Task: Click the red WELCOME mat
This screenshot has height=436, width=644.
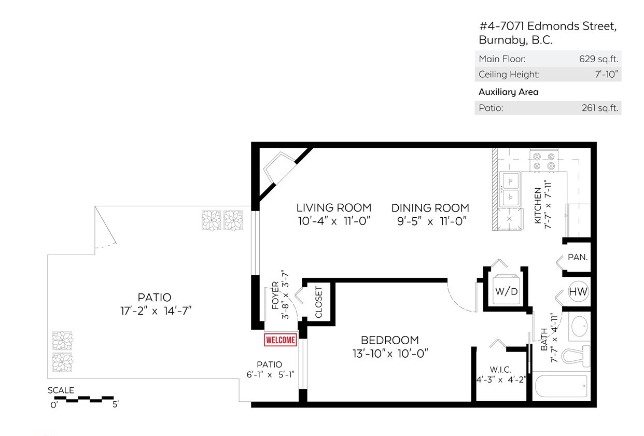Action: pyautogui.click(x=281, y=340)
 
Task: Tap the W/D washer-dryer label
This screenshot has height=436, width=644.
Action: pyautogui.click(x=506, y=291)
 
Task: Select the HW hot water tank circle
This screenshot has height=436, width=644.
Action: pyautogui.click(x=578, y=291)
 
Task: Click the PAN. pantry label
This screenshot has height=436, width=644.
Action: pyautogui.click(x=578, y=257)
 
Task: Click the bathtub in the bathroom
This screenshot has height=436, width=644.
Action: pyautogui.click(x=561, y=386)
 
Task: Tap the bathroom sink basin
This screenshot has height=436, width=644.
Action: pyautogui.click(x=579, y=327)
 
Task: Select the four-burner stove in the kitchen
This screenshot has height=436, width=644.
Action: pyautogui.click(x=544, y=161)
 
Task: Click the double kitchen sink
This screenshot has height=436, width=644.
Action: pyautogui.click(x=510, y=189)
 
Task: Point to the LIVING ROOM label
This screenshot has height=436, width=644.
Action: pyautogui.click(x=334, y=207)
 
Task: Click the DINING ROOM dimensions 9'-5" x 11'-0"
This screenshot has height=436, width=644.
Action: pyautogui.click(x=431, y=221)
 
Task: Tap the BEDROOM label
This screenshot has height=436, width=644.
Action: pyautogui.click(x=390, y=340)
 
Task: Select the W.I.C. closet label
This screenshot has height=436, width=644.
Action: pyautogui.click(x=500, y=370)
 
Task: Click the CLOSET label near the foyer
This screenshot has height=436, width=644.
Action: pyautogui.click(x=318, y=302)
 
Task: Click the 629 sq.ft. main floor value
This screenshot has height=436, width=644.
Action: pyautogui.click(x=598, y=59)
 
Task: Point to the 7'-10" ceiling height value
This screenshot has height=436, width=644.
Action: pyautogui.click(x=607, y=74)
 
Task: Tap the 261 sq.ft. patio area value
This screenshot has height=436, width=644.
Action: pyautogui.click(x=600, y=108)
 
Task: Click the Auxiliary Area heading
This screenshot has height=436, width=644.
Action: pyautogui.click(x=508, y=92)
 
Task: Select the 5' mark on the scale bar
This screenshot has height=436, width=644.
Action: pyautogui.click(x=115, y=405)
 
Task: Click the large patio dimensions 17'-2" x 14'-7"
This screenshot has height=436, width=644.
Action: pyautogui.click(x=156, y=311)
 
